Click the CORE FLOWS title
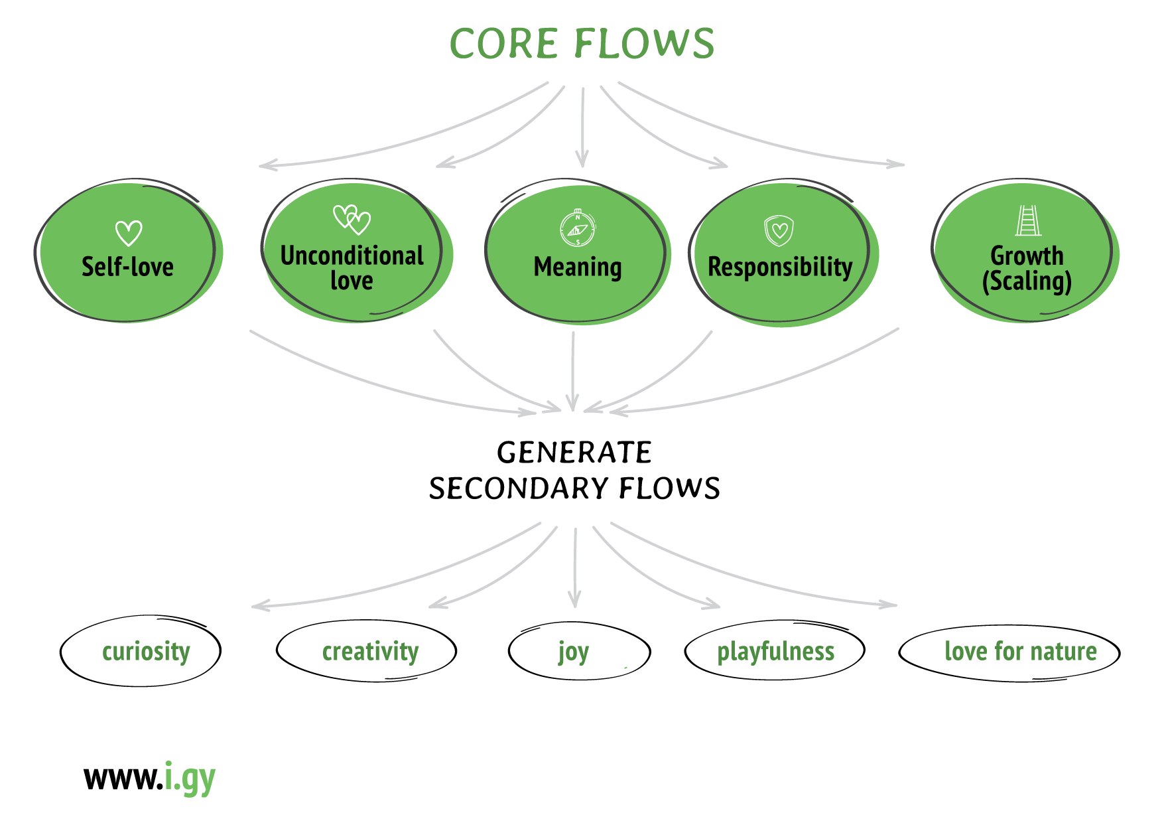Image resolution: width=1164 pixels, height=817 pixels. [x=582, y=44]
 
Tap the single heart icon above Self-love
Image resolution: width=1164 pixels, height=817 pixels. [x=129, y=233]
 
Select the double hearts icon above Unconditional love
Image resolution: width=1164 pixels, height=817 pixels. [x=352, y=219]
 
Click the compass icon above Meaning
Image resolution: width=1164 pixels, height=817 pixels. [x=578, y=228]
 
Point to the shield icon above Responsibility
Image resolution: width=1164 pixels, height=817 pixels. [x=779, y=230]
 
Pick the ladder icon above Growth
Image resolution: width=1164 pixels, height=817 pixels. [x=1027, y=220]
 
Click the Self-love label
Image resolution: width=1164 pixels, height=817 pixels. [x=127, y=267]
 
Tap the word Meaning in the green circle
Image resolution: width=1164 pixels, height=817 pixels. [x=578, y=267]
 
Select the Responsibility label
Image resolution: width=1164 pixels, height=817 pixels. [x=780, y=267]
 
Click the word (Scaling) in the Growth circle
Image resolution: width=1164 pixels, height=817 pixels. [x=1027, y=281]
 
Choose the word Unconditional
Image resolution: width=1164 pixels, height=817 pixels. [x=352, y=256]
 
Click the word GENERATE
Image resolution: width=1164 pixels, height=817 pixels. [x=574, y=453]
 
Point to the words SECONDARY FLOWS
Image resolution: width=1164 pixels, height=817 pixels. [x=574, y=488]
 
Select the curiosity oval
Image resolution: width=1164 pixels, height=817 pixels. [x=141, y=651]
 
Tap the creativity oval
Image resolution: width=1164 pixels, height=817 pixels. [x=367, y=651]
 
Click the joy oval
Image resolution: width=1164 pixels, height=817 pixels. [x=579, y=651]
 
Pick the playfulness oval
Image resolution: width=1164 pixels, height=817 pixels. [x=775, y=651]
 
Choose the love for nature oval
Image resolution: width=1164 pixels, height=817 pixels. [x=1009, y=652]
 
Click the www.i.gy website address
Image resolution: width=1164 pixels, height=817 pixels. [x=150, y=777]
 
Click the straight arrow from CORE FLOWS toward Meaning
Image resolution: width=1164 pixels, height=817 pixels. [x=582, y=126]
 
